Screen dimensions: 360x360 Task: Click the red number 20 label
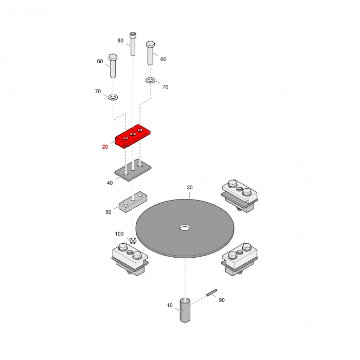click(105, 147)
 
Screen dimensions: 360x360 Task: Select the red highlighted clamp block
click(133, 136)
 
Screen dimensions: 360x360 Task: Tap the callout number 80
click(120, 41)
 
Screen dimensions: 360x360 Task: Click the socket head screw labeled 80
click(133, 44)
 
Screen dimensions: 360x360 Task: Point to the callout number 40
click(110, 183)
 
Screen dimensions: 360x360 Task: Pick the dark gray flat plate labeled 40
click(133, 170)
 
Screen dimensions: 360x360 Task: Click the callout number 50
click(109, 212)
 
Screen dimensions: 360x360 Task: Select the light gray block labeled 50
click(133, 202)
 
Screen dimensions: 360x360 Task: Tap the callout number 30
click(190, 188)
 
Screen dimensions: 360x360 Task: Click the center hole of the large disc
click(185, 228)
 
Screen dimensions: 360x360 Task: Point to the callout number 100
click(119, 234)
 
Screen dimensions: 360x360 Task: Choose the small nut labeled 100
click(133, 241)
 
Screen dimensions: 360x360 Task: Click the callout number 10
click(170, 305)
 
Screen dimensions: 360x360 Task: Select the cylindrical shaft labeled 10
click(185, 310)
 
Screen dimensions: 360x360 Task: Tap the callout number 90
click(222, 300)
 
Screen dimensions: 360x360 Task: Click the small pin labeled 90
click(212, 293)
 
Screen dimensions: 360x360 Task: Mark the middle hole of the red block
click(133, 134)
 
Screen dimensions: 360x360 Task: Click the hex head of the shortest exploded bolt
click(113, 57)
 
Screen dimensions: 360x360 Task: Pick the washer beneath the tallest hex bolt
click(150, 80)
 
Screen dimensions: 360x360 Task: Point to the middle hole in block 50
click(133, 200)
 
